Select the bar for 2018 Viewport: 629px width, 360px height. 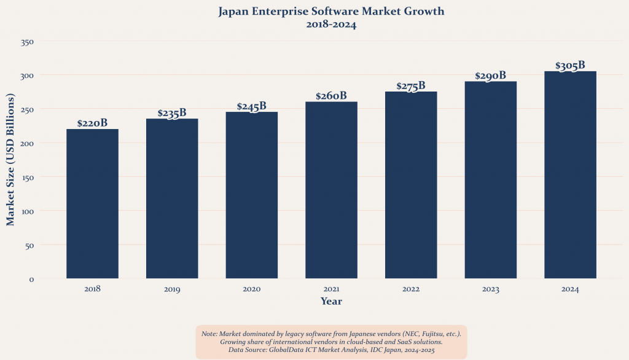[x=92, y=203]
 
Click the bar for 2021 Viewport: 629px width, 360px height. [x=331, y=190]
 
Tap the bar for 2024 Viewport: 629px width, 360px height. [x=570, y=174]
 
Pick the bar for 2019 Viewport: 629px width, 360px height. [x=172, y=198]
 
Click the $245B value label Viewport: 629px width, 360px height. [x=252, y=106]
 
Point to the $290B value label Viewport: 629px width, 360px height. [x=491, y=76]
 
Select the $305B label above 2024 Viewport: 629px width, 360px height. [x=570, y=66]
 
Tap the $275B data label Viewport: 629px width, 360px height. [x=411, y=86]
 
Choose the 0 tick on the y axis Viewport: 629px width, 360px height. [x=31, y=280]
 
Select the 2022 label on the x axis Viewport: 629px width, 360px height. [x=411, y=289]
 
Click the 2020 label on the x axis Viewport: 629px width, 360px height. [x=252, y=289]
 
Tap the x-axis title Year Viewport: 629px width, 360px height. [x=331, y=302]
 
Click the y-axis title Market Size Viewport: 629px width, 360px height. [x=10, y=160]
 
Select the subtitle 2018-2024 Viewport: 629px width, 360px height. [x=331, y=25]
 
